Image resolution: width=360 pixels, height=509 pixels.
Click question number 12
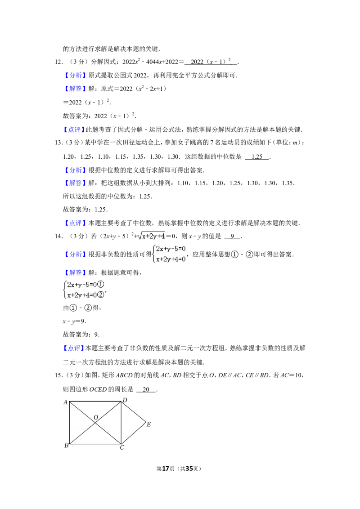point(58,62)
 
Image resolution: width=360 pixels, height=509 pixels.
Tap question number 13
point(58,143)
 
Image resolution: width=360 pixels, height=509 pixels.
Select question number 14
point(58,237)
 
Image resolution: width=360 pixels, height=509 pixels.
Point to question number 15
point(58,375)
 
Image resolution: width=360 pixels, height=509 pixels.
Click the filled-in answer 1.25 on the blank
point(257,157)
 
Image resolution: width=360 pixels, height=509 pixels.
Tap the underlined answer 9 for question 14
point(232,237)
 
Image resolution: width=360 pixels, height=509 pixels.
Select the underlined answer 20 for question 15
point(146,389)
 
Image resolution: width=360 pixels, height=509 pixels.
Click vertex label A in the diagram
point(65,402)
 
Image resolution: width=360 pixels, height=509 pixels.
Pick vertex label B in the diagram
point(66,445)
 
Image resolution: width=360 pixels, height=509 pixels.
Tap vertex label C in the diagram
point(122,448)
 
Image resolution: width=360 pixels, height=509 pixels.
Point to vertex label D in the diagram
point(125,400)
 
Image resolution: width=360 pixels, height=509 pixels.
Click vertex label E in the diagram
point(148,424)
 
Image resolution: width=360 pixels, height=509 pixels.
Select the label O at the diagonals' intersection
point(96,417)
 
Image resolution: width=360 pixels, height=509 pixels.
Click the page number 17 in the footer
point(166,469)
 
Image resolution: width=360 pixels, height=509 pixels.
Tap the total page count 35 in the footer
point(189,469)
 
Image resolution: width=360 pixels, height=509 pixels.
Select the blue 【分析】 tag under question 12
point(76,76)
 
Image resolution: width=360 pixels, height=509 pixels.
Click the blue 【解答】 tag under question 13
point(76,183)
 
